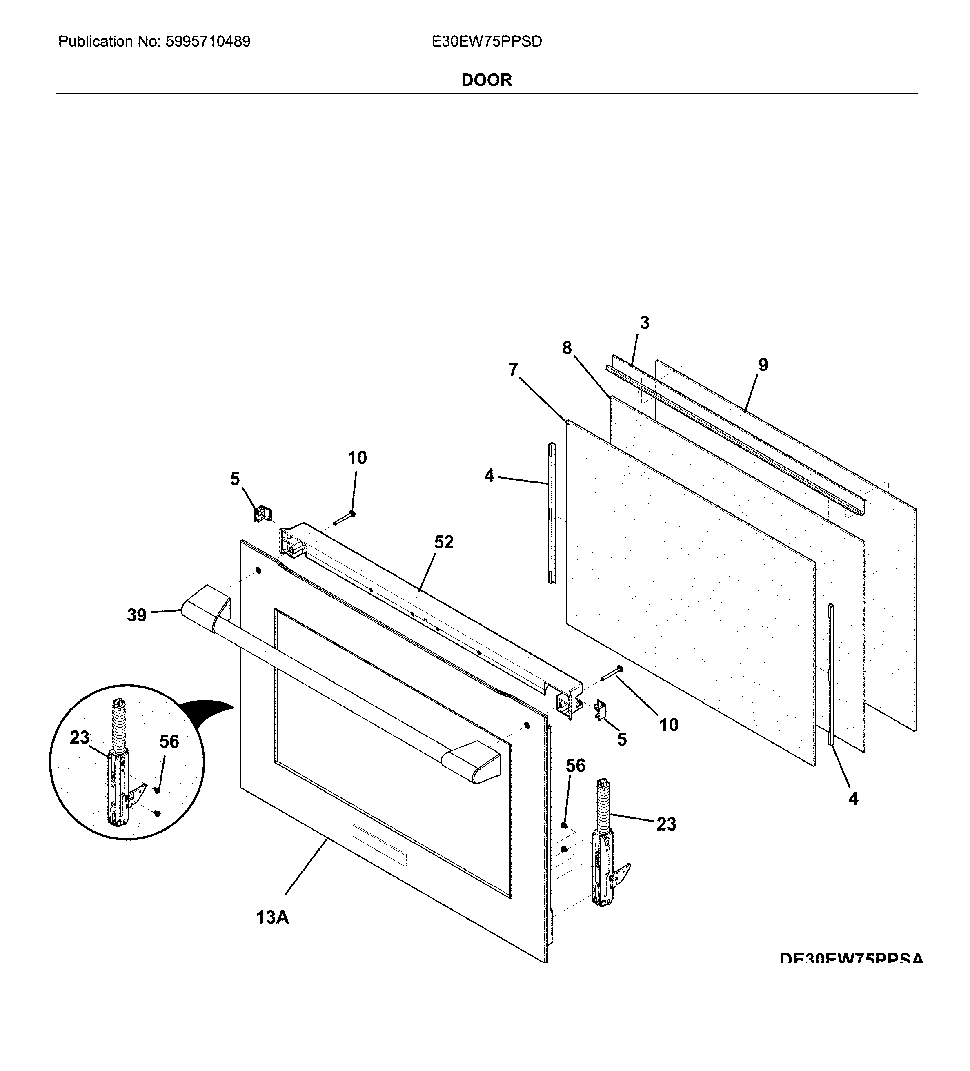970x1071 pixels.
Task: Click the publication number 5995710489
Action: pyautogui.click(x=208, y=41)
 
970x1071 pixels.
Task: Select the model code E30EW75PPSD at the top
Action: pyautogui.click(x=487, y=41)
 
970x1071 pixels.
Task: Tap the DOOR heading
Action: pyautogui.click(x=486, y=80)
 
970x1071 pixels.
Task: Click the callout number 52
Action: pyautogui.click(x=444, y=542)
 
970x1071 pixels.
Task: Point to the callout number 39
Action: pyautogui.click(x=136, y=615)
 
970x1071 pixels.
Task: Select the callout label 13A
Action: pyautogui.click(x=273, y=917)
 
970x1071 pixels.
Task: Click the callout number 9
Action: pyautogui.click(x=763, y=365)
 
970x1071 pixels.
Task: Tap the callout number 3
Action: pyautogui.click(x=644, y=323)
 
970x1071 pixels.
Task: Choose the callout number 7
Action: pyautogui.click(x=513, y=369)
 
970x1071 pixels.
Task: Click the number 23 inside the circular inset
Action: pyautogui.click(x=80, y=737)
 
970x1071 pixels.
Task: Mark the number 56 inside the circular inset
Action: pyautogui.click(x=169, y=741)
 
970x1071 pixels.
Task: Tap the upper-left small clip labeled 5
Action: pyautogui.click(x=261, y=514)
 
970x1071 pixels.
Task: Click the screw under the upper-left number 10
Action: pyautogui.click(x=344, y=518)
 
